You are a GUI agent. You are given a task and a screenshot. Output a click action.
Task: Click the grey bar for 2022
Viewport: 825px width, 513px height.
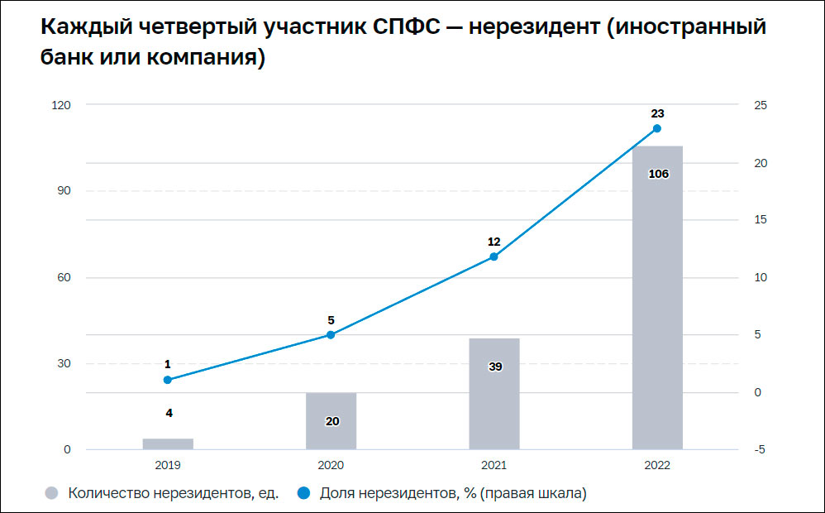657,298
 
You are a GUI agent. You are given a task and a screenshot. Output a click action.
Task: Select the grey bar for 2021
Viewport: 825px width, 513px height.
494,394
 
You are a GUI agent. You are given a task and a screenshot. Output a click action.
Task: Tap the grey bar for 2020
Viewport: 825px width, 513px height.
331,421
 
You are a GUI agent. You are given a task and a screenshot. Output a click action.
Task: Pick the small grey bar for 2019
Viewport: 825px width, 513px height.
168,444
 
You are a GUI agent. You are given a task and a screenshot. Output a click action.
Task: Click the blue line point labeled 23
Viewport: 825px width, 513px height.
657,128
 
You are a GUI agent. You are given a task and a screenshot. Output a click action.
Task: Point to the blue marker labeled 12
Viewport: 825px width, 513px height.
494,256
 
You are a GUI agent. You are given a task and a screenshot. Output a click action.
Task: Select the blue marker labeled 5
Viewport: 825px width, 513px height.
331,334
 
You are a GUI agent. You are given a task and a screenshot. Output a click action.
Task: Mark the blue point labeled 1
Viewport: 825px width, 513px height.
168,380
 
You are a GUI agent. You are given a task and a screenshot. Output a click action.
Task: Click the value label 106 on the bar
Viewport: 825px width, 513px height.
658,174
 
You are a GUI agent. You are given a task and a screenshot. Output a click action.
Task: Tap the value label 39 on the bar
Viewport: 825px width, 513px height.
495,366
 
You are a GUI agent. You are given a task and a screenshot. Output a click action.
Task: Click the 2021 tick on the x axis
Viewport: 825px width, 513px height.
494,466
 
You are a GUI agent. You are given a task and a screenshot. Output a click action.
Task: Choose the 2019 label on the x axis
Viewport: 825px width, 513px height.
168,466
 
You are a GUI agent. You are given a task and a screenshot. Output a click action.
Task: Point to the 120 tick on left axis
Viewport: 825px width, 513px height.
61,105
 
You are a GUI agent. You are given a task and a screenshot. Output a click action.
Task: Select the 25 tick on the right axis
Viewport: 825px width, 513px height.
761,105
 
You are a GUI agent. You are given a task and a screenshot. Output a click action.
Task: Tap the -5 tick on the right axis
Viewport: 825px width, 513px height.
761,449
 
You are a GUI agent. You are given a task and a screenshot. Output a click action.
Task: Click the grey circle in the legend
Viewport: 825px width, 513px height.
52,494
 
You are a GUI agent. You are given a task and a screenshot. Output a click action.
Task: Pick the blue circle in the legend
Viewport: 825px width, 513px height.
303,494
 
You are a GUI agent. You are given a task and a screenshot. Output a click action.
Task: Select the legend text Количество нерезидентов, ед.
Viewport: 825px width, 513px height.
174,494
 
